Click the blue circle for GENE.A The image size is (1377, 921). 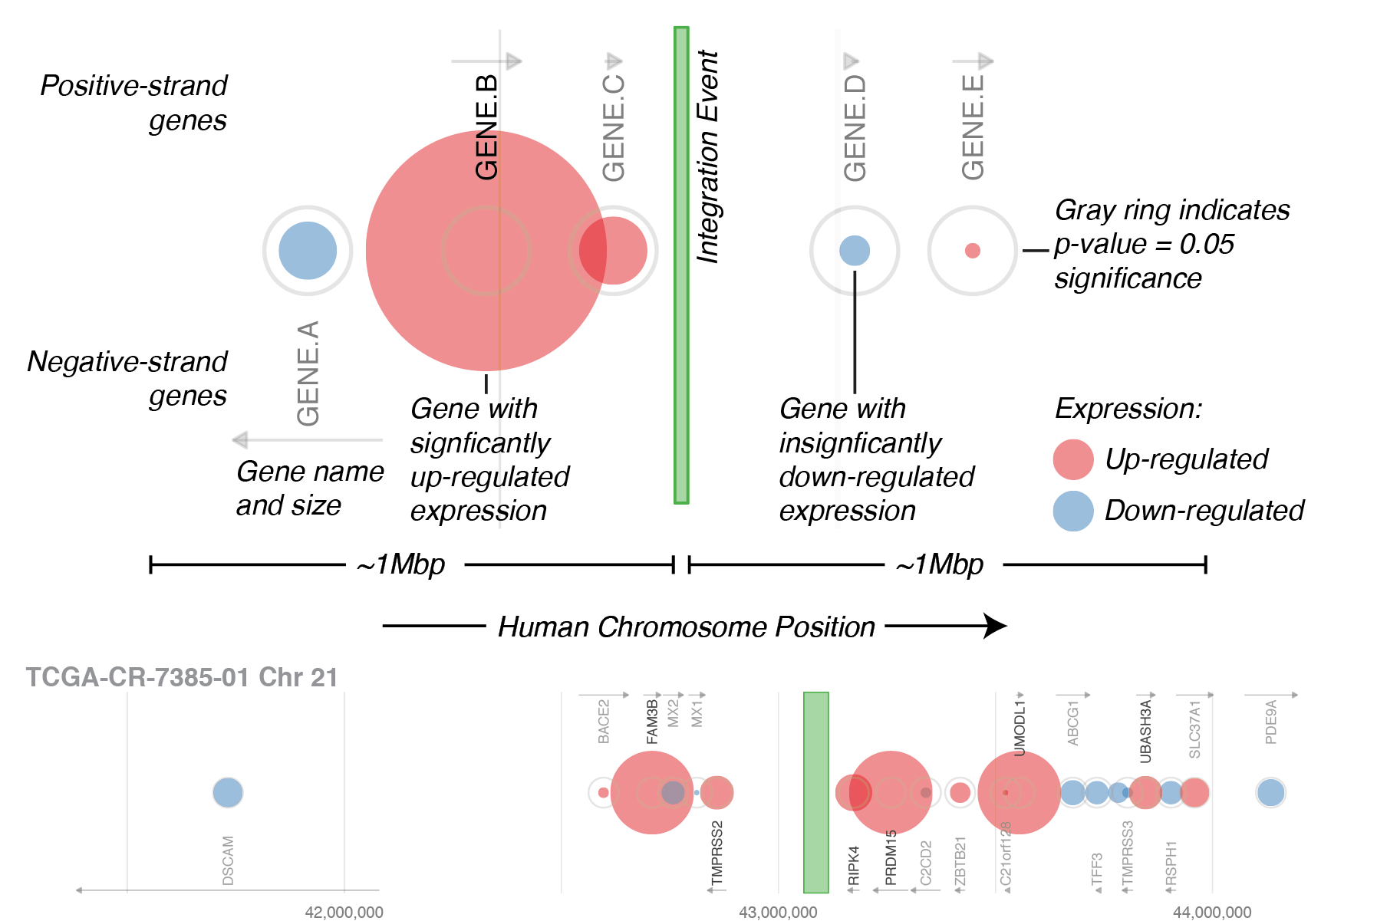(308, 251)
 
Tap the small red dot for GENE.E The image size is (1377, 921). (972, 251)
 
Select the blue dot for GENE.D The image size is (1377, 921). (855, 251)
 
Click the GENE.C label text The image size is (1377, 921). (614, 128)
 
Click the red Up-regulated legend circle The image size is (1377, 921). (1072, 459)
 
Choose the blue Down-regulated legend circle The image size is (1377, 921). (1072, 511)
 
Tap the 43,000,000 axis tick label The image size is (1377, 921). (778, 912)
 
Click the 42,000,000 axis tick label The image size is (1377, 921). (344, 912)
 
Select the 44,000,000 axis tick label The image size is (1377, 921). (1212, 912)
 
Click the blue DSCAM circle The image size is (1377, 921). (228, 792)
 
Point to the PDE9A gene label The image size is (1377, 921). (1271, 722)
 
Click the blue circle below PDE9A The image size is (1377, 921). (1270, 792)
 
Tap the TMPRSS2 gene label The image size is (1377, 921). (717, 853)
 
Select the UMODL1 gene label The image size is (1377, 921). (1020, 727)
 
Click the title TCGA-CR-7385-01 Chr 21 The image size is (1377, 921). (182, 677)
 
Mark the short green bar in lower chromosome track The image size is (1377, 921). (815, 792)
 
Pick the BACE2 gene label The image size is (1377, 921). (604, 721)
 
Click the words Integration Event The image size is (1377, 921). (708, 157)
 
